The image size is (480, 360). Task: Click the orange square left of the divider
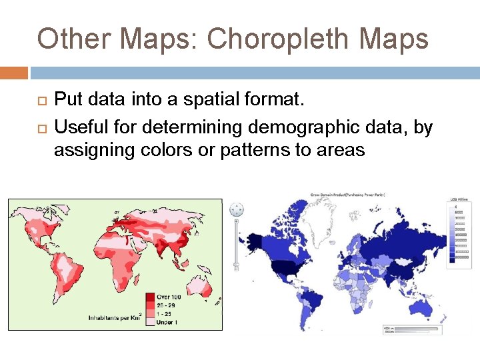[x=14, y=72]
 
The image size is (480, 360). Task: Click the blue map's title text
[x=347, y=195]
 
